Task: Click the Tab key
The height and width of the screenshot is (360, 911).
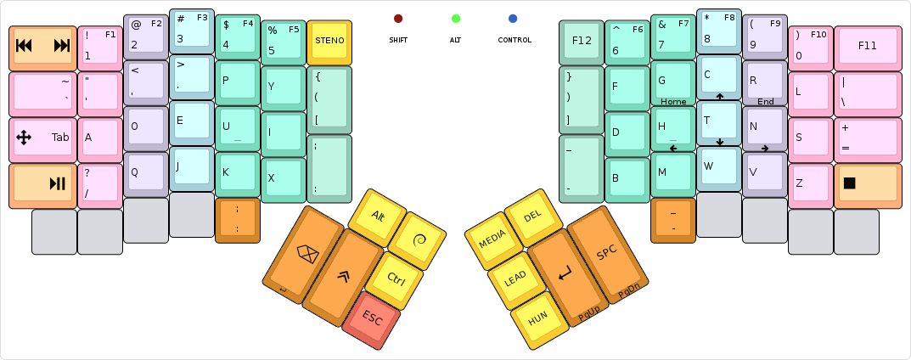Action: [x=42, y=138]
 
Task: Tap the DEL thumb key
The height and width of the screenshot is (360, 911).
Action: [x=532, y=217]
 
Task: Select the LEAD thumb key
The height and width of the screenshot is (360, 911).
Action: [x=515, y=279]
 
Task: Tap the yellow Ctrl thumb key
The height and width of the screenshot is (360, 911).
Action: [x=395, y=278]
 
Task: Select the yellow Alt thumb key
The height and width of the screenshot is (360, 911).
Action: [x=378, y=216]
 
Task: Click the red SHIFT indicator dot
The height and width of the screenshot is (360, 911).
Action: [x=398, y=19]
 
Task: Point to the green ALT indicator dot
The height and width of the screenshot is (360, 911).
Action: [x=456, y=19]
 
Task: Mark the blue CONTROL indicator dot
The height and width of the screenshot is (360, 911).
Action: [x=513, y=19]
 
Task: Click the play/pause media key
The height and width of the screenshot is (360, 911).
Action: [x=42, y=184]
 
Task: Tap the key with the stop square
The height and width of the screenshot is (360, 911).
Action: [x=867, y=184]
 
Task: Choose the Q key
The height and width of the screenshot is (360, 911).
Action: [x=146, y=173]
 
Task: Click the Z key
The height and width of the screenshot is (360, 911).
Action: [x=810, y=184]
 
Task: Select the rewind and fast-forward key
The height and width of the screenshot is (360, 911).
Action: [x=42, y=47]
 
